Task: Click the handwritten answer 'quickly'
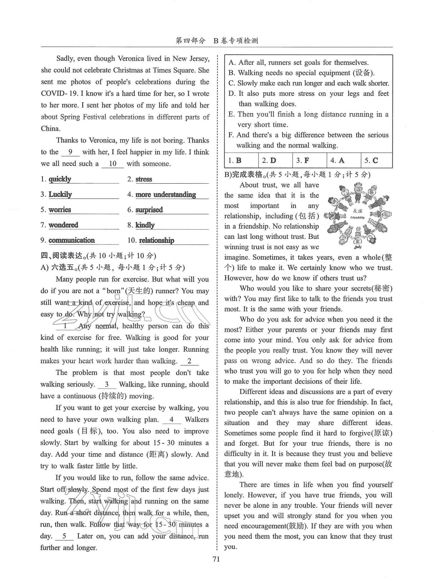(60, 179)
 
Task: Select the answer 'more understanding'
(166, 194)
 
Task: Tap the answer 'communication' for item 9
(71, 240)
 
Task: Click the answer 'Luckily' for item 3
(60, 194)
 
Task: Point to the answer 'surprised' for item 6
(149, 210)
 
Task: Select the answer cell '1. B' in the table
(235, 160)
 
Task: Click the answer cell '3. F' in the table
(303, 160)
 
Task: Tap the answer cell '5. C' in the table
(371, 160)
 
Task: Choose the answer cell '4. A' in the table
(337, 160)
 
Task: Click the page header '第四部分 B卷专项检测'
(217, 41)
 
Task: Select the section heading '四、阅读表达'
(62, 255)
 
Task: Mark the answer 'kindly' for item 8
(145, 225)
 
